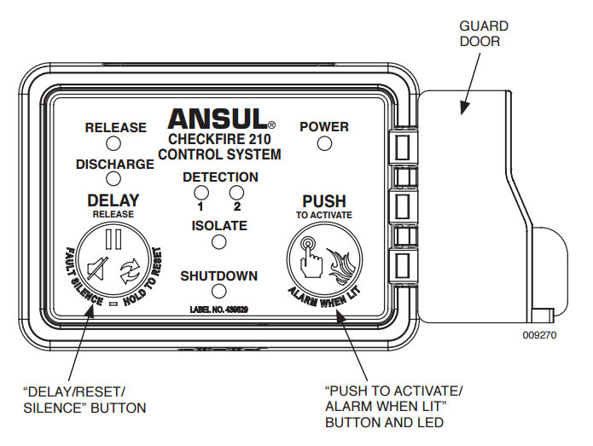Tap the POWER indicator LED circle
[x=324, y=143]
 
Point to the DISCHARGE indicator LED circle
[x=115, y=179]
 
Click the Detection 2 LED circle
[x=236, y=192]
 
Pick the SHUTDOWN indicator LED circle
[x=218, y=294]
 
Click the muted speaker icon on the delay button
[x=98, y=272]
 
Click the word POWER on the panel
[x=324, y=126]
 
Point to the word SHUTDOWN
[x=218, y=276]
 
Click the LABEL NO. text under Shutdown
[x=218, y=309]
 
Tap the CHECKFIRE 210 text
[x=219, y=140]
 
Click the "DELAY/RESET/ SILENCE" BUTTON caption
[x=84, y=399]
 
